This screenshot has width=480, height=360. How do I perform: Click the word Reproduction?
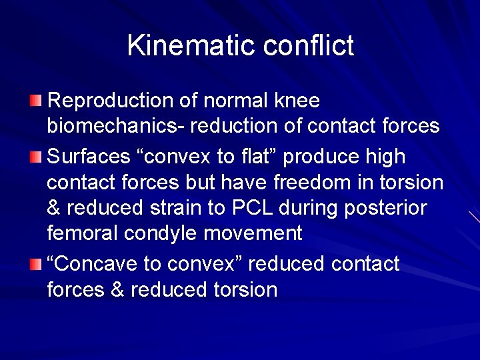click(x=111, y=101)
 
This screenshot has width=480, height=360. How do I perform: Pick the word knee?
click(x=297, y=101)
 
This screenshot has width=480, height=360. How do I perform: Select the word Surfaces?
click(x=89, y=157)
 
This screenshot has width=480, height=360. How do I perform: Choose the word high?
click(x=383, y=157)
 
